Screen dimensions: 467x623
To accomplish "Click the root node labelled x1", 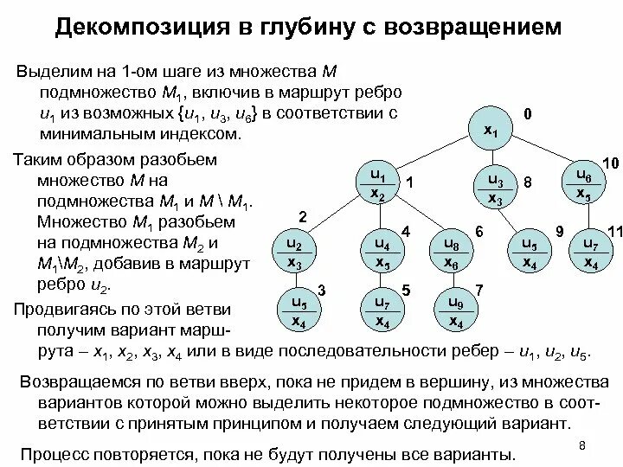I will (490, 130).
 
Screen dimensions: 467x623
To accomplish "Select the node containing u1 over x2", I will (377, 184).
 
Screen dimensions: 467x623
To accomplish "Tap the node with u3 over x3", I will (495, 189).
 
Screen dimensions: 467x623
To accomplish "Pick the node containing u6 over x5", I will (583, 183).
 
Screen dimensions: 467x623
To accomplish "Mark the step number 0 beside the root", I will (528, 114).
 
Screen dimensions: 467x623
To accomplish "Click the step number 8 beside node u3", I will (528, 183).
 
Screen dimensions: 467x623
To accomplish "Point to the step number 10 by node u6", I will (610, 163).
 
